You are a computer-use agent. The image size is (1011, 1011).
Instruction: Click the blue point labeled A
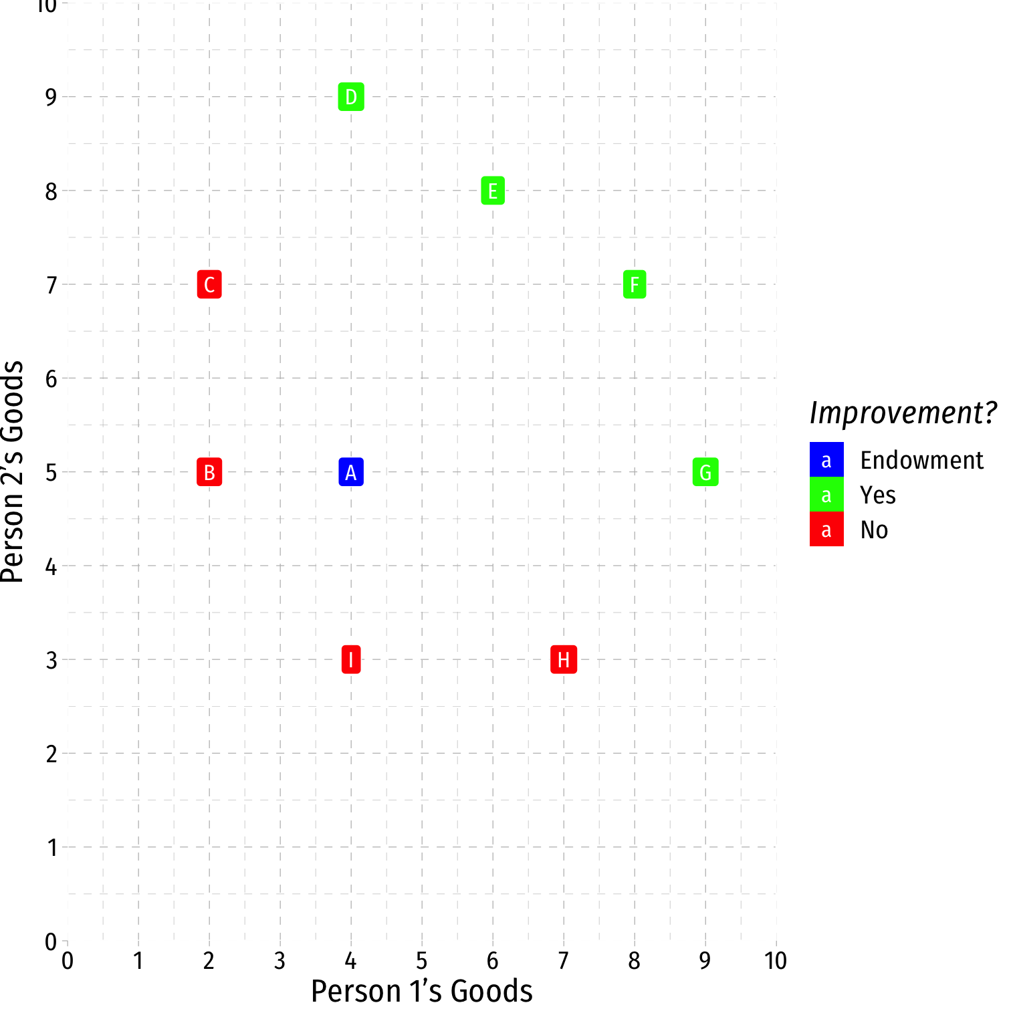(x=351, y=472)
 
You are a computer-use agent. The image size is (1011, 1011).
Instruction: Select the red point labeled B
(x=209, y=472)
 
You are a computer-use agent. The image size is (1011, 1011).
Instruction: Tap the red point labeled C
(x=209, y=285)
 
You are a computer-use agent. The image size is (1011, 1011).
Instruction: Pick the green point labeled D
(x=351, y=97)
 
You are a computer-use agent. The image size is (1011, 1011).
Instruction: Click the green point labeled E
(x=493, y=191)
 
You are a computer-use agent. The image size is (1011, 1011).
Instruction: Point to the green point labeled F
(x=635, y=285)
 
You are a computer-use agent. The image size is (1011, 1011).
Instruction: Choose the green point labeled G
(x=705, y=472)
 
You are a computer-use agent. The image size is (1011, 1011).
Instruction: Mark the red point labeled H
(x=564, y=660)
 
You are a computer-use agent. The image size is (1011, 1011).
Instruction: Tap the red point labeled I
(x=351, y=660)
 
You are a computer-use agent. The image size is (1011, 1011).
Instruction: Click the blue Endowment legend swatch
(x=826, y=460)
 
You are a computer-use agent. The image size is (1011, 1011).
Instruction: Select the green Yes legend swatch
(x=826, y=495)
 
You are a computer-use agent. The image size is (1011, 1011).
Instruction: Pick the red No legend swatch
(x=826, y=530)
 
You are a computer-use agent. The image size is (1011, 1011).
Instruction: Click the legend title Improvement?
(x=903, y=413)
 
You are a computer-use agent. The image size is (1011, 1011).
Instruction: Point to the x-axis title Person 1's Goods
(x=422, y=991)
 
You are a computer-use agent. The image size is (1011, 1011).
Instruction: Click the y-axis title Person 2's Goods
(x=13, y=472)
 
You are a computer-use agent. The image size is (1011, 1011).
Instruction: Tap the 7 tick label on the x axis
(x=564, y=962)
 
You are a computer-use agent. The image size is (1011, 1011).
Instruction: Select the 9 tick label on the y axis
(x=51, y=98)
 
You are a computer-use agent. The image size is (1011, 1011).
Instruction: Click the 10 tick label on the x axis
(x=776, y=962)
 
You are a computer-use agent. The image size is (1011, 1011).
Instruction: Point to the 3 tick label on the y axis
(x=51, y=661)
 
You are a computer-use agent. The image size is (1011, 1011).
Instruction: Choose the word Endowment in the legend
(x=921, y=461)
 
